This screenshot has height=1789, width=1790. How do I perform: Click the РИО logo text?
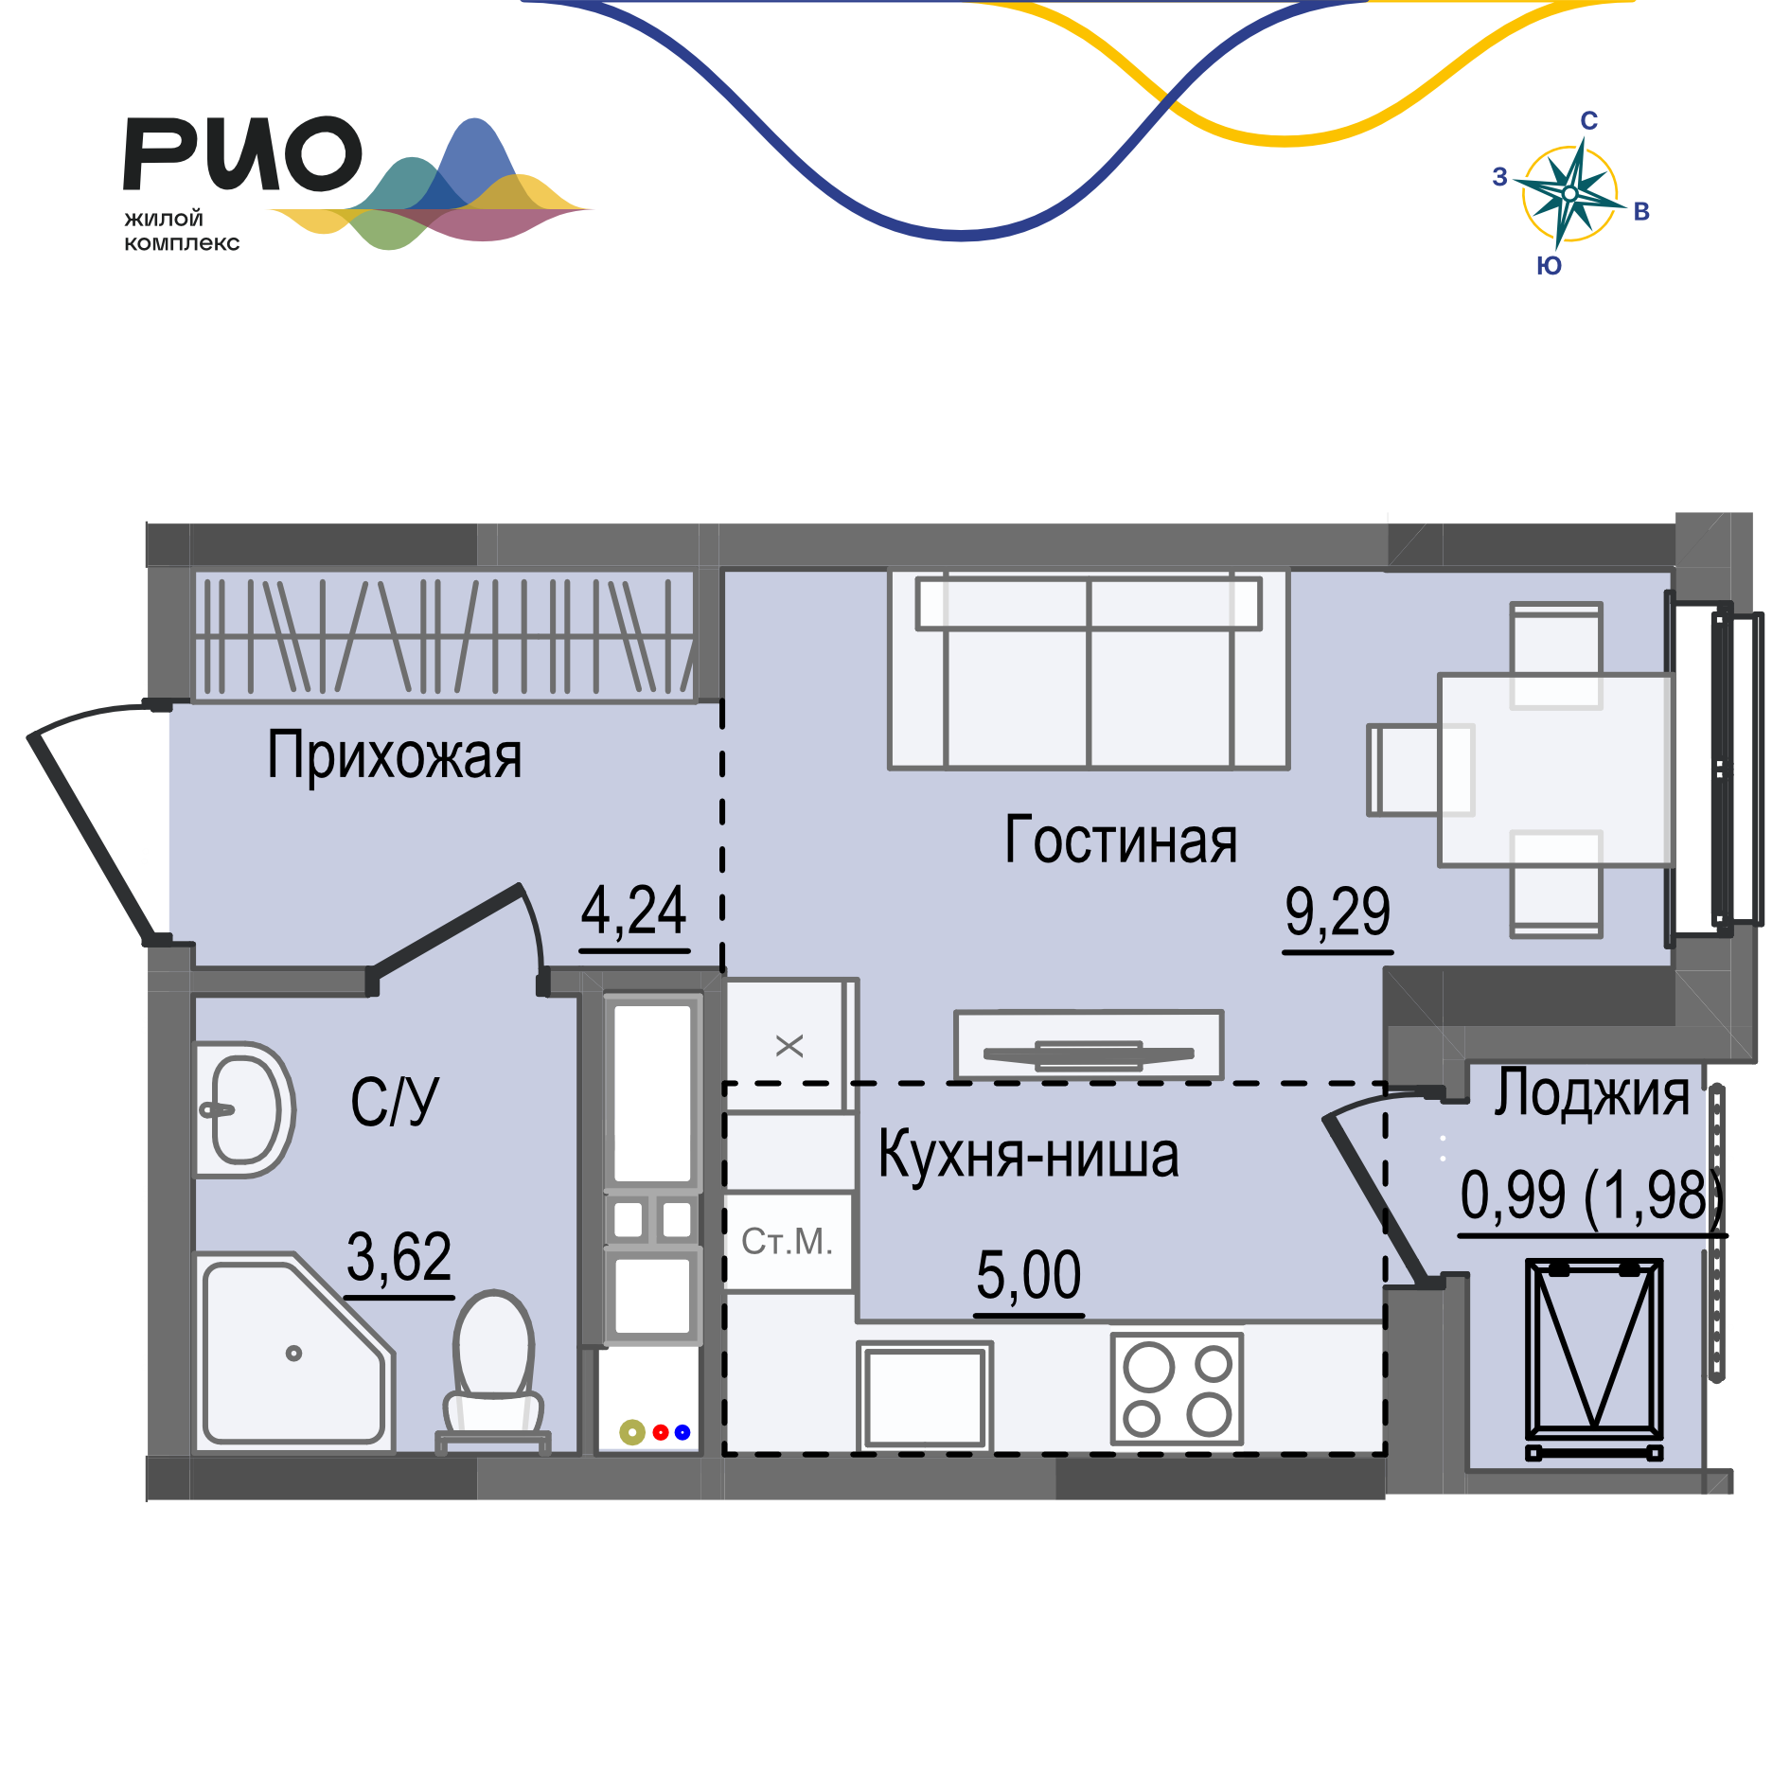pos(242,153)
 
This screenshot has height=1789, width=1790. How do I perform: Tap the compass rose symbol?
pos(1568,193)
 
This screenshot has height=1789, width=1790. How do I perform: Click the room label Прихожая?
pos(394,755)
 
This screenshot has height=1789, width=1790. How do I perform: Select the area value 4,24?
pos(633,911)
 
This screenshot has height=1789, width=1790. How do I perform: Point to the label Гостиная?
pos(1121,841)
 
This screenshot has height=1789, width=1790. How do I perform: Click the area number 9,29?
pos(1337,912)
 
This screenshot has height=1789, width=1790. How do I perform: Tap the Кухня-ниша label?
pos(1028,1155)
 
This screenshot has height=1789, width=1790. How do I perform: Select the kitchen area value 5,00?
pos(1028,1274)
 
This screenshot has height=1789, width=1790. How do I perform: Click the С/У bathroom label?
pos(395,1102)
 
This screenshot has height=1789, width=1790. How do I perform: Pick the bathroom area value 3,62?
pos(399,1257)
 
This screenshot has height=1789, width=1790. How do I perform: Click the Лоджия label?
pos(1591,1094)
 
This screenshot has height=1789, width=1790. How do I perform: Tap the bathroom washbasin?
pos(244,1109)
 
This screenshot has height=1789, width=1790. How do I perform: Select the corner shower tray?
pos(289,1354)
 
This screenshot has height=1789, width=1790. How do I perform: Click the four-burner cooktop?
pos(1177,1389)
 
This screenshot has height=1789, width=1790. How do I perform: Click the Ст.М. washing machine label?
pos(787,1241)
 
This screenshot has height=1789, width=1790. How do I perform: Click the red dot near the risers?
pos(661,1432)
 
